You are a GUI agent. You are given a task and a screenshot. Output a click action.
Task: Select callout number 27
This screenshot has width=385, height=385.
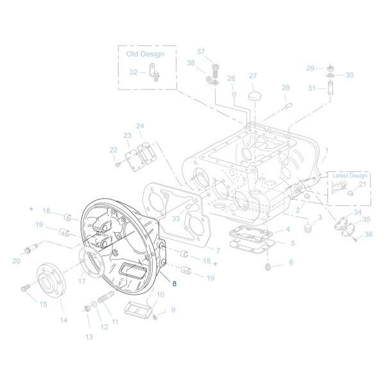coord(253,76)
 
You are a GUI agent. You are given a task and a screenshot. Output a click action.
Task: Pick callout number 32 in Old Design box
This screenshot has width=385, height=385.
coord(133,73)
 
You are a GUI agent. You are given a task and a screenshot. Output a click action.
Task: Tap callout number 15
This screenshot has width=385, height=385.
coord(43,304)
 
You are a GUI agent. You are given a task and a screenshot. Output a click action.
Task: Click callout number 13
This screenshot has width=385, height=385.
coord(89,336)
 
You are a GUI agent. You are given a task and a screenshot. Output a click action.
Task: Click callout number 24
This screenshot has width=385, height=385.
coord(139,126)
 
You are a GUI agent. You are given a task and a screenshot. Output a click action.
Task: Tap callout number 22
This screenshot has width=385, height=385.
coord(113,150)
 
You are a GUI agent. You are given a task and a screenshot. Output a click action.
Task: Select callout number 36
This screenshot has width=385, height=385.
coord(368,235)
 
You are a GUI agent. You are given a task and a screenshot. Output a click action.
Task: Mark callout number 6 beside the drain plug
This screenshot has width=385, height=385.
coord(290,262)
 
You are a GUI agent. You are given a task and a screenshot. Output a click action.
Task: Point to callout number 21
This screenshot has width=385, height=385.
coord(362,185)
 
